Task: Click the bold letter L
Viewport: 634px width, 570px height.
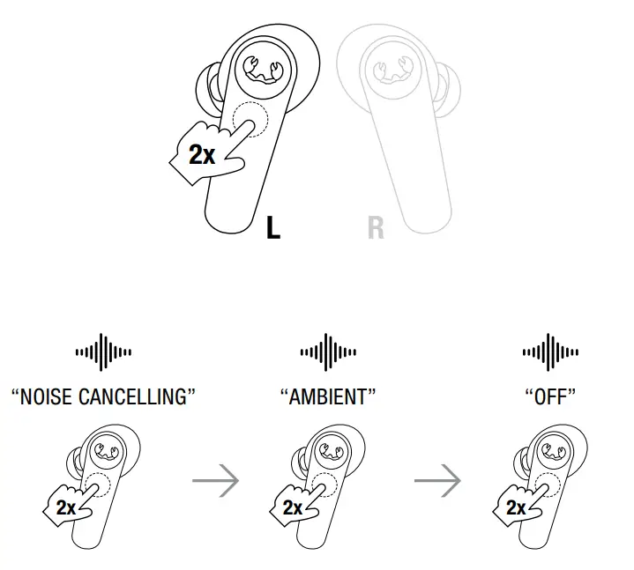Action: coord(273,227)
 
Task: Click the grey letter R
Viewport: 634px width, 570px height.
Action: coord(376,227)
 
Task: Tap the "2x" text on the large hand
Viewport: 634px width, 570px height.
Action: coord(202,156)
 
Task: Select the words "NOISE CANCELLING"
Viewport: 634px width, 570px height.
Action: coord(102,396)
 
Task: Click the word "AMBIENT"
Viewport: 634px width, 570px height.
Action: coord(327,396)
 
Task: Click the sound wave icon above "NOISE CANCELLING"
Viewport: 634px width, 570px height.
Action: coord(103,352)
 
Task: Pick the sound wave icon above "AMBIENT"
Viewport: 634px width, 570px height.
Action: coord(327,352)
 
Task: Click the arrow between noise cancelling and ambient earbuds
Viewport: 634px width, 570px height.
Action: coord(216,482)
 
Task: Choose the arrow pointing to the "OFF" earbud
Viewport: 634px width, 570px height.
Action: coord(438,482)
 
